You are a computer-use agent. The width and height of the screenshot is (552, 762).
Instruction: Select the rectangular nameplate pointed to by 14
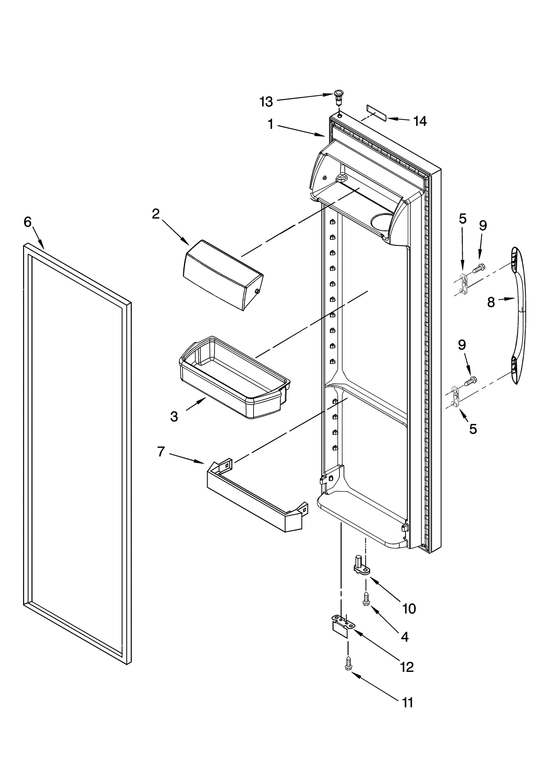[376, 112]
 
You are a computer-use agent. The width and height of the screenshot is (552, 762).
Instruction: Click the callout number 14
[420, 121]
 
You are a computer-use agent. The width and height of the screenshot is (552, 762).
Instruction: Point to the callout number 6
[28, 222]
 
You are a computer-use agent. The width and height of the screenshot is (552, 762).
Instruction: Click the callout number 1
[271, 124]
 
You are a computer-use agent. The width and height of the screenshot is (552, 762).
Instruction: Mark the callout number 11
[408, 702]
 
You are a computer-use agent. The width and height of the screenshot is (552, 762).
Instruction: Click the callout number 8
[491, 303]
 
